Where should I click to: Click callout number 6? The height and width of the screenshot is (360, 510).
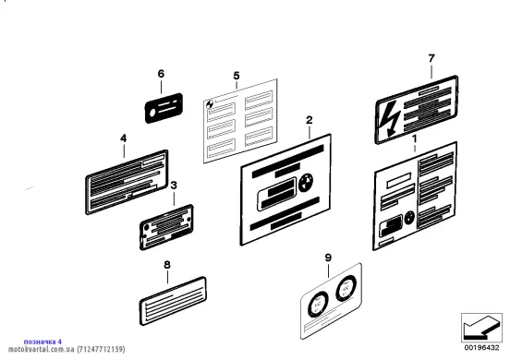click(x=161, y=74)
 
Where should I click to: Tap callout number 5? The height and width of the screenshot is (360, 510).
click(x=237, y=76)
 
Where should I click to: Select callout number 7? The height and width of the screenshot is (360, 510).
click(x=431, y=58)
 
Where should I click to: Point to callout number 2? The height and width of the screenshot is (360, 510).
click(x=310, y=120)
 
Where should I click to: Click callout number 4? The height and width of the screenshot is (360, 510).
click(x=123, y=138)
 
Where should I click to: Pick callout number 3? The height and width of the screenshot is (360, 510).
click(x=174, y=186)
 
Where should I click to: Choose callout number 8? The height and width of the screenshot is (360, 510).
click(x=167, y=265)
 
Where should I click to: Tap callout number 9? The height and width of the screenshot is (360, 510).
click(x=328, y=258)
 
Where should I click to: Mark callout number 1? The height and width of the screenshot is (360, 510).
click(x=414, y=138)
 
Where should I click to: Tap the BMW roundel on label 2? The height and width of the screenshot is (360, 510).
click(x=306, y=183)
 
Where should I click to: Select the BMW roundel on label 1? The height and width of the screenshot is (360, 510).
click(x=409, y=218)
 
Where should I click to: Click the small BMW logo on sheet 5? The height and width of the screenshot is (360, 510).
click(x=210, y=104)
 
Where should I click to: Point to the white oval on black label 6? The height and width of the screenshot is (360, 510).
click(x=152, y=113)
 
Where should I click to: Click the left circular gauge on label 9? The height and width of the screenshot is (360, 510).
click(x=318, y=305)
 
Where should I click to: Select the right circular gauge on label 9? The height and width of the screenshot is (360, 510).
click(x=346, y=288)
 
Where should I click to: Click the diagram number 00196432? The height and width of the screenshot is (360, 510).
click(x=481, y=348)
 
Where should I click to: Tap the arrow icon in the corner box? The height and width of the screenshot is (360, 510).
click(x=480, y=327)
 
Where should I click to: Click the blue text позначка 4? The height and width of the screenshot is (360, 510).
click(x=42, y=342)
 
